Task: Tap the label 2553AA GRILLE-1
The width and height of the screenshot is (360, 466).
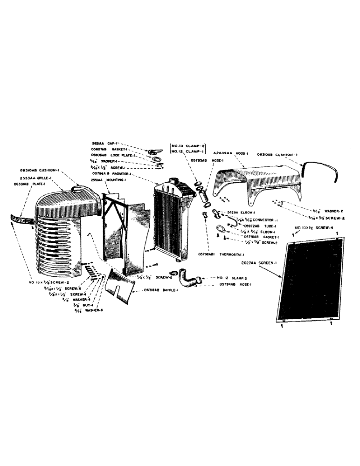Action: pos(37,179)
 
